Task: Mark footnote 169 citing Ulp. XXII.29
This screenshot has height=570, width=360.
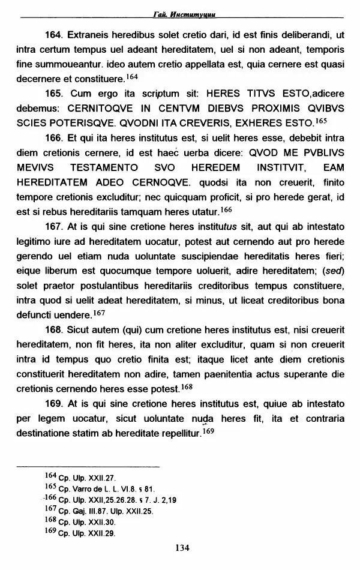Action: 80,533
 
